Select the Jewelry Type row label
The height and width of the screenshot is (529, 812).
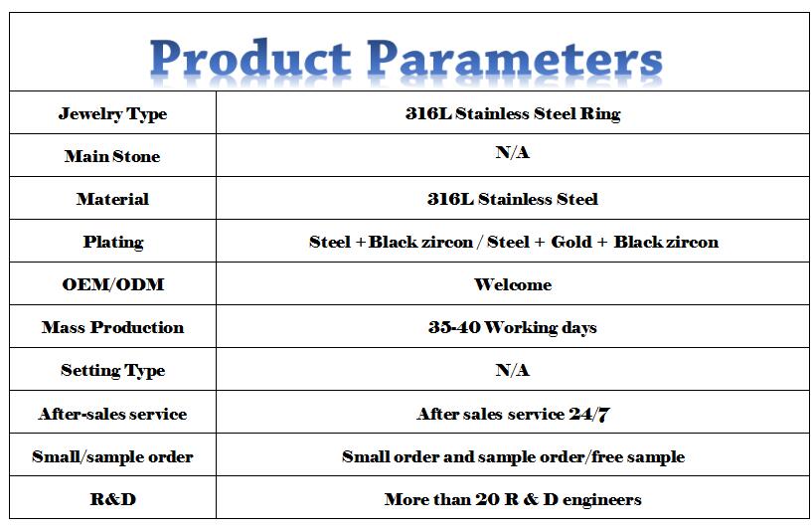click(x=112, y=113)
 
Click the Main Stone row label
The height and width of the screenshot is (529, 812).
click(x=112, y=156)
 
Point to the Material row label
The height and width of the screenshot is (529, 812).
click(x=112, y=199)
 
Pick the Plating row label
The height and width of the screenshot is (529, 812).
click(x=113, y=242)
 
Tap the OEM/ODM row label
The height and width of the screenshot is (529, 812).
click(x=113, y=284)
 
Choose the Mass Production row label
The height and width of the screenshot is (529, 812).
click(x=113, y=327)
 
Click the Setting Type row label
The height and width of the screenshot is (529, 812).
click(x=113, y=371)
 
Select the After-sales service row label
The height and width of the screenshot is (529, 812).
click(x=112, y=414)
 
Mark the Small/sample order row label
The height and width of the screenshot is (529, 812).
click(x=112, y=456)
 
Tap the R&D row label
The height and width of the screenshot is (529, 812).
click(x=113, y=499)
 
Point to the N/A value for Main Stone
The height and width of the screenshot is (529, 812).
click(x=512, y=152)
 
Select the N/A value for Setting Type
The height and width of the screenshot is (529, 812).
click(x=512, y=370)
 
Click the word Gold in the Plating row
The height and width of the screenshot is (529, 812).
click(x=571, y=242)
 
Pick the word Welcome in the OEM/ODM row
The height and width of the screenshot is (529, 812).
click(x=513, y=284)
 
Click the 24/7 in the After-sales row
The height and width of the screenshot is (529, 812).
click(x=589, y=414)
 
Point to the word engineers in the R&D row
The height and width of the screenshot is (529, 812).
click(x=601, y=500)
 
